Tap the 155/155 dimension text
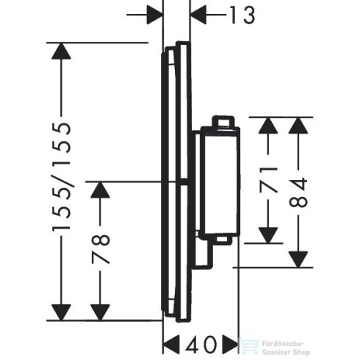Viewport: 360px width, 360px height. coord(64,177)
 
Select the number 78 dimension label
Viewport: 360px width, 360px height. coord(101,249)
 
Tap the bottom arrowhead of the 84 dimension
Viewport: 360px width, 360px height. coord(297,259)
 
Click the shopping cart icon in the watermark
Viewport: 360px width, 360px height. coord(248,343)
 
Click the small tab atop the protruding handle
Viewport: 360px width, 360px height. coord(223,120)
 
